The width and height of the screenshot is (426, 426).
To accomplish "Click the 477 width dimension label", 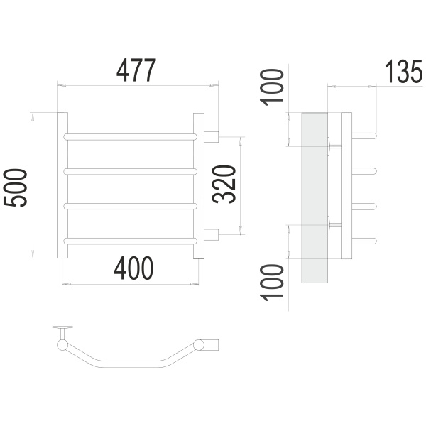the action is click(136, 70).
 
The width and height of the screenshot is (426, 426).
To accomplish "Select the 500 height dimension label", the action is click(15, 187).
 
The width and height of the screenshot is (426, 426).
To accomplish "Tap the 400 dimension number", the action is click(133, 268).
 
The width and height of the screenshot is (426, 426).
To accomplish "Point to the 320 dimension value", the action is click(224, 184).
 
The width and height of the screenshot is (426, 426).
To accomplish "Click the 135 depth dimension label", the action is click(404, 71).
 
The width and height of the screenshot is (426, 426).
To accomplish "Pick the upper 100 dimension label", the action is click(272, 87).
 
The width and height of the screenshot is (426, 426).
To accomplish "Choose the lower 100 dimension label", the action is click(272, 283).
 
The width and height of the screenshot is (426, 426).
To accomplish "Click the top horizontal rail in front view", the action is click(131, 136).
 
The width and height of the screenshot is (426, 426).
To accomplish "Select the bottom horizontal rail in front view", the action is click(131, 241).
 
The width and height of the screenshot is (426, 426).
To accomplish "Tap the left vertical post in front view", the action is click(62, 185).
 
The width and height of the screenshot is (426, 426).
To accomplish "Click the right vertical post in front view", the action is click(199, 186).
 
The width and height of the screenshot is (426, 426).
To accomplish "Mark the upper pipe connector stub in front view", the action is click(212, 136).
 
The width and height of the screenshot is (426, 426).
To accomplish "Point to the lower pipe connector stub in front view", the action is click(212, 235).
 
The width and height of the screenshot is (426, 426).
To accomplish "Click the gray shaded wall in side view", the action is click(315, 198).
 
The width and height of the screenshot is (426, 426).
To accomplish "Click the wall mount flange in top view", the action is click(62, 327).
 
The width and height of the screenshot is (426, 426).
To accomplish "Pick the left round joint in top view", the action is click(62, 345).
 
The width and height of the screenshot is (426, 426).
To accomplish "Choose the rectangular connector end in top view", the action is click(211, 344).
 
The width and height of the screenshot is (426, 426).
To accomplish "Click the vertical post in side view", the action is click(346, 185).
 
